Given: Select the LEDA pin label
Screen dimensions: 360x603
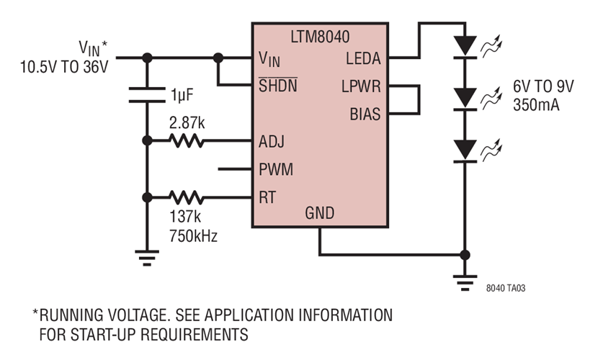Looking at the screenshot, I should coord(364,58).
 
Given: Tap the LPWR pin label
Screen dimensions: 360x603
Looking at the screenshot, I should coord(362,86).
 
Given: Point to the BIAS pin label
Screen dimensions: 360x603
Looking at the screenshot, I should coord(365,114).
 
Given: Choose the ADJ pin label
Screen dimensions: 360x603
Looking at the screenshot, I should coord(272,141).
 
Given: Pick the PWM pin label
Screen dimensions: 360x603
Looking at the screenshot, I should coord(275,170).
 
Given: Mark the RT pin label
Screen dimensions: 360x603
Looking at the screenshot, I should coord(267,197).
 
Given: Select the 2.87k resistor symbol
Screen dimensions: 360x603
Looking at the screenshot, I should coord(187,141).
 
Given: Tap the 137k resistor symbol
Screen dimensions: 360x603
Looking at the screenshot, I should coord(187,197).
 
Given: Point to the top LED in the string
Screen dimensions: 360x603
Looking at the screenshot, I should coord(465,45).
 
